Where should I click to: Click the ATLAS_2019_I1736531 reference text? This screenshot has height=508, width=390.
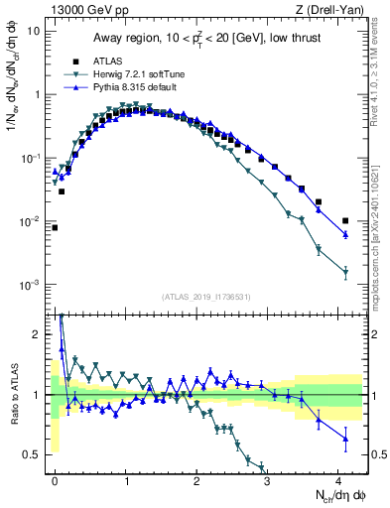click(x=207, y=297)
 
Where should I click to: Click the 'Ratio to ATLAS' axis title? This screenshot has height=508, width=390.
click(x=14, y=394)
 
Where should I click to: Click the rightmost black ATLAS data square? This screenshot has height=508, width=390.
click(x=345, y=220)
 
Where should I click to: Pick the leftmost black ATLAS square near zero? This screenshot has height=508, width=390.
click(x=55, y=227)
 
